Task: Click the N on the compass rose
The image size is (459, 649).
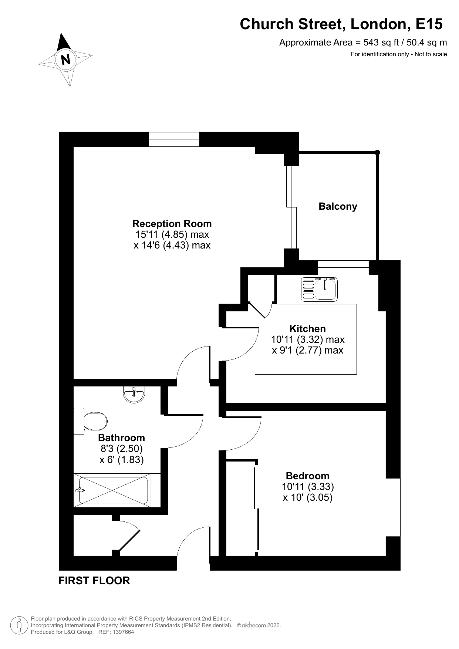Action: [66, 60]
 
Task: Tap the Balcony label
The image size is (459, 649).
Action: [338, 206]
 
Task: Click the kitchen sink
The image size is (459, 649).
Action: [320, 289]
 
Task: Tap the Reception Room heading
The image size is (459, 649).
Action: [172, 224]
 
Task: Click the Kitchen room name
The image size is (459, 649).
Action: [307, 329]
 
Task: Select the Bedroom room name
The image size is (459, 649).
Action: [307, 476]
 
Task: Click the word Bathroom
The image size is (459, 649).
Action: [121, 438]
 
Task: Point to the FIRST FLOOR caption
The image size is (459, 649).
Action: [94, 581]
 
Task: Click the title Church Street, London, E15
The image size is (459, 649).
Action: [341, 24]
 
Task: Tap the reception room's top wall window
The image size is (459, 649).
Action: [174, 139]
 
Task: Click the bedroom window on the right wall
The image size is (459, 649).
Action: [393, 507]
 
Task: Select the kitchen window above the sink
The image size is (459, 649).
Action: [343, 267]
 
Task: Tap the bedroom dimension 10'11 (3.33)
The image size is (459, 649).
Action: [308, 487]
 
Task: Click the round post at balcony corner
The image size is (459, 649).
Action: [377, 152]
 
